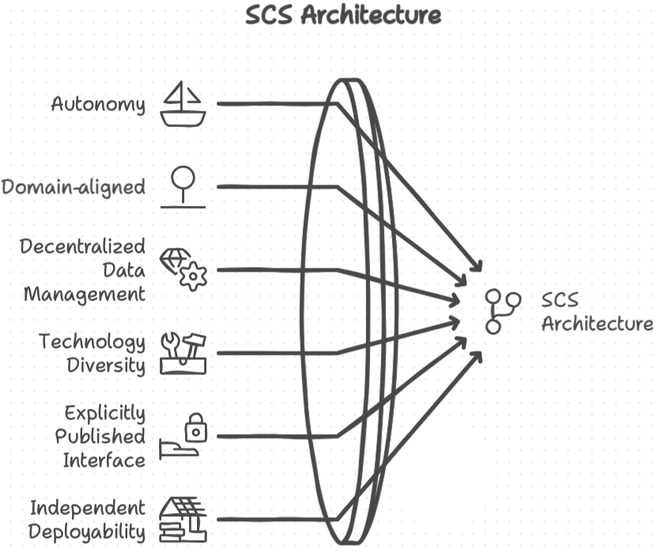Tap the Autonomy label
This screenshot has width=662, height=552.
pyautogui.click(x=98, y=104)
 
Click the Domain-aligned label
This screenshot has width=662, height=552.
pyautogui.click(x=73, y=187)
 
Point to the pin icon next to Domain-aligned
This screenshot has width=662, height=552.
pyautogui.click(x=183, y=187)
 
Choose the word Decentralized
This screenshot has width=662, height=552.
pyautogui.click(x=83, y=246)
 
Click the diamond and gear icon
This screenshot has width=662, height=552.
pyautogui.click(x=184, y=269)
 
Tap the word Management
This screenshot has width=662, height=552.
pyautogui.click(x=85, y=294)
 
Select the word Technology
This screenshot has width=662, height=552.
pyautogui.click(x=93, y=341)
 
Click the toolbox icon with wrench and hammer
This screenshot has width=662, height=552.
pyautogui.click(x=183, y=352)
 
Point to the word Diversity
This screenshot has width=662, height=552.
pyautogui.click(x=106, y=365)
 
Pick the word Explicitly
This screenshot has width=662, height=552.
pyautogui.click(x=105, y=413)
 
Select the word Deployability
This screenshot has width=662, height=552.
pyautogui.click(x=87, y=531)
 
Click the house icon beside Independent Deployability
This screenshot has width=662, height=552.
pyautogui.click(x=183, y=519)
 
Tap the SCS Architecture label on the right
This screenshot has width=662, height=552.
pyautogui.click(x=597, y=312)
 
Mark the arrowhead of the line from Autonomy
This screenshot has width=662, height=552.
pyautogui.click(x=478, y=268)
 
